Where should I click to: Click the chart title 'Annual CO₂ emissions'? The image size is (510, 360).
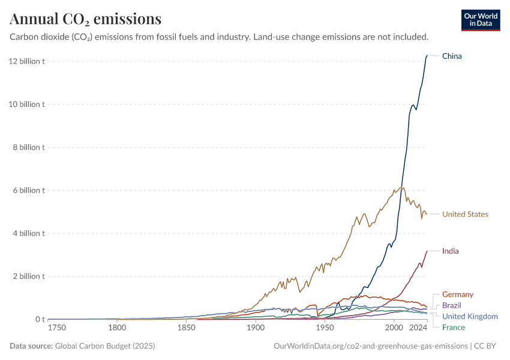click(x=85, y=19)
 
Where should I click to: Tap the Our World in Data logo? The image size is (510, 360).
click(x=480, y=20)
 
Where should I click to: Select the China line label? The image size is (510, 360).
click(x=452, y=56)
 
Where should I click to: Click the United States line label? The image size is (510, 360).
click(x=465, y=214)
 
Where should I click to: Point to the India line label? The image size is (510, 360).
click(x=450, y=251)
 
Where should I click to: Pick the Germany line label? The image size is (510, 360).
click(x=457, y=295)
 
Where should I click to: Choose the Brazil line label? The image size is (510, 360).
click(x=452, y=305)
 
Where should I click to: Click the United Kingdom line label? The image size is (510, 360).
click(x=470, y=316)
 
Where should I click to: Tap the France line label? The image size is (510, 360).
click(x=453, y=327)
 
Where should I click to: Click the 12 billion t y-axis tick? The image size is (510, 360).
click(x=27, y=61)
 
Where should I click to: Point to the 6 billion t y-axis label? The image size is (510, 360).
click(x=29, y=190)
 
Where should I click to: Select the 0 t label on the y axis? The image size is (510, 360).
click(x=38, y=319)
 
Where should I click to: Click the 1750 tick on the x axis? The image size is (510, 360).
click(x=58, y=328)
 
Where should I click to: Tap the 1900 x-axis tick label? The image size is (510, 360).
click(x=256, y=328)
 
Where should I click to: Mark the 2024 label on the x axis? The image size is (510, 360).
click(x=418, y=328)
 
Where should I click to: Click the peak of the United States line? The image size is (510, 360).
click(x=402, y=187)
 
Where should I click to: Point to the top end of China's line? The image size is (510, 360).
click(x=427, y=56)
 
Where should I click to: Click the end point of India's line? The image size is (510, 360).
click(x=427, y=251)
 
